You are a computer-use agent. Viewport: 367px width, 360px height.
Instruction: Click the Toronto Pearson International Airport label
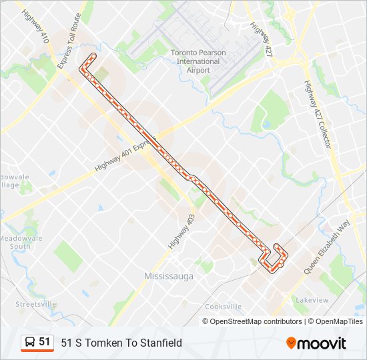[x=198, y=61]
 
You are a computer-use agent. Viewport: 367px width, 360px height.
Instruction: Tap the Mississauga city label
[x=169, y=275]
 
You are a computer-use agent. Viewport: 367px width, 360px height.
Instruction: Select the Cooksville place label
[x=223, y=307]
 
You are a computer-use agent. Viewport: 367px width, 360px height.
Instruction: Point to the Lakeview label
[x=312, y=300]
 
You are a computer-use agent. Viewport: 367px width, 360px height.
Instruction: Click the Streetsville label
[x=36, y=304]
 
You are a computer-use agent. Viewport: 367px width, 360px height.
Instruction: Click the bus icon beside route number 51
[x=30, y=342]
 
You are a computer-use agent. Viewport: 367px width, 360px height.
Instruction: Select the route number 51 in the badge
[x=45, y=342]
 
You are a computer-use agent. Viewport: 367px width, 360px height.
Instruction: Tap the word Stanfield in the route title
[x=160, y=343]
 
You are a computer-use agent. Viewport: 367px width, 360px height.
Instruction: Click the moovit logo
[x=316, y=343]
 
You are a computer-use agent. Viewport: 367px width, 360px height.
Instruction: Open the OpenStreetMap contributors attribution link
[x=256, y=321]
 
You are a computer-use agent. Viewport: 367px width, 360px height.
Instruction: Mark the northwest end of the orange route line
[x=81, y=69]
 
